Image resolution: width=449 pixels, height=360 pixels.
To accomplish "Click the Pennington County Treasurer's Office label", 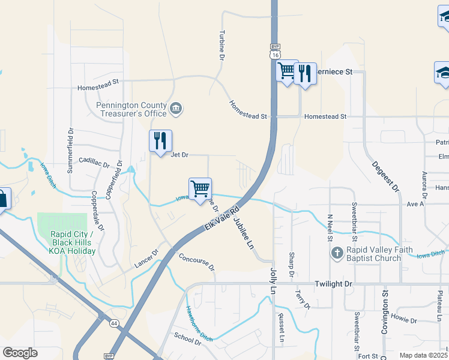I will (131, 109).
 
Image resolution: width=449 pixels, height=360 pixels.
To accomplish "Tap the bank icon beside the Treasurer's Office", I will (176, 108).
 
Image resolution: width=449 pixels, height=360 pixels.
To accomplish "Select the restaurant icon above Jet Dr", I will (160, 141).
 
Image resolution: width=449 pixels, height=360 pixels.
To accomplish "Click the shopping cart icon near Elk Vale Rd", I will (200, 189).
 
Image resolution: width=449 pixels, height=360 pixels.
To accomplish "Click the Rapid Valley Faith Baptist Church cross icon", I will (337, 253).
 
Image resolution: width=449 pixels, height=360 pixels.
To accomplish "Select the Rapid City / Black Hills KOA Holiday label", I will (72, 242).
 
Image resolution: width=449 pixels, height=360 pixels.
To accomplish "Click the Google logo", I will (20, 353).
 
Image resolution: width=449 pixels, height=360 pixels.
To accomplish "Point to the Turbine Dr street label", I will (221, 45).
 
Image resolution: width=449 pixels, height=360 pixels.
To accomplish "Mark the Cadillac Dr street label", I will (94, 163).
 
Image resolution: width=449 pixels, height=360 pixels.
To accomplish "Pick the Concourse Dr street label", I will (196, 262).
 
